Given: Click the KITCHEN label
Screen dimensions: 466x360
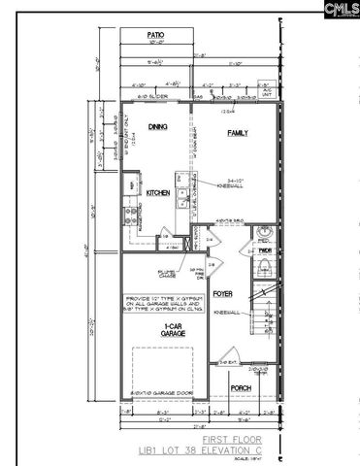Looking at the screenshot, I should [159, 193].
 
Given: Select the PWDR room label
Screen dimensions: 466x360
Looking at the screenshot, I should [264, 249].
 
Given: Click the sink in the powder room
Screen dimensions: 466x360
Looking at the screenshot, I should [266, 233].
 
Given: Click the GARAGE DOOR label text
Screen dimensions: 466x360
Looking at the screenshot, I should [158, 391].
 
